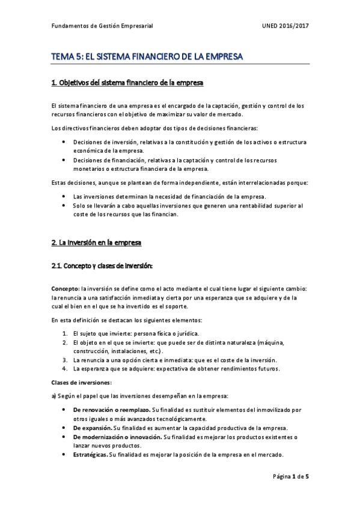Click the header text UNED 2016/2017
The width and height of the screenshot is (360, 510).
285,26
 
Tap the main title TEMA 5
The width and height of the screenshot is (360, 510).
147,57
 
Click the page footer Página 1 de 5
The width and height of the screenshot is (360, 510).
291,476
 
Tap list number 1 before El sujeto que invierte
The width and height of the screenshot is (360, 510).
66,333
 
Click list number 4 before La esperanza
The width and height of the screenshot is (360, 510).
66,368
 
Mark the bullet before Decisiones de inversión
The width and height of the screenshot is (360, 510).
64,141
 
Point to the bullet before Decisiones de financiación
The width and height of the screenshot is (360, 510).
64,160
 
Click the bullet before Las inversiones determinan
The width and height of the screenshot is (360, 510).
64,196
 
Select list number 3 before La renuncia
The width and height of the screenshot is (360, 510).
66,360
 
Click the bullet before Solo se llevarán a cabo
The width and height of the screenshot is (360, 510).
64,205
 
